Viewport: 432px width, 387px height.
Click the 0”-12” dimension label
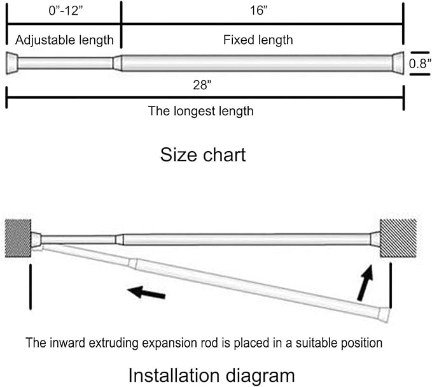pos(66,11)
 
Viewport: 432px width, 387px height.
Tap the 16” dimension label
pos(259,10)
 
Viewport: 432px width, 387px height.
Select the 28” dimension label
pos(202,85)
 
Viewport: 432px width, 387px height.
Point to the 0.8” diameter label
pos(420,64)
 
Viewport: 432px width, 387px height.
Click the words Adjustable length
pos(64,40)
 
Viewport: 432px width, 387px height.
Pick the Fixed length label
pos(258,40)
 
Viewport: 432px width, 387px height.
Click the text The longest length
pos(200,111)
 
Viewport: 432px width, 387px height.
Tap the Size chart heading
pos(203,154)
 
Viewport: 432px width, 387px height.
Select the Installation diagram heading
pos(212,376)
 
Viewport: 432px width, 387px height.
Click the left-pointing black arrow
pos(146,293)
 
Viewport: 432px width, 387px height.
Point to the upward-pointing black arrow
pos(366,282)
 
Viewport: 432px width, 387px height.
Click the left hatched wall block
pos(18,238)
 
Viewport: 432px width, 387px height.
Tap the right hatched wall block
pos(398,238)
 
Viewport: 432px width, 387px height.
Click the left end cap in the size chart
pos(12,63)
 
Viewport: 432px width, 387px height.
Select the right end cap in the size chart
pos(398,63)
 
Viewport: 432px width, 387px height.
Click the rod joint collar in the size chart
pos(117,63)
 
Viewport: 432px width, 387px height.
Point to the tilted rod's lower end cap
pos(384,315)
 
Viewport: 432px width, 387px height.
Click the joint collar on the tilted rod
pos(133,263)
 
